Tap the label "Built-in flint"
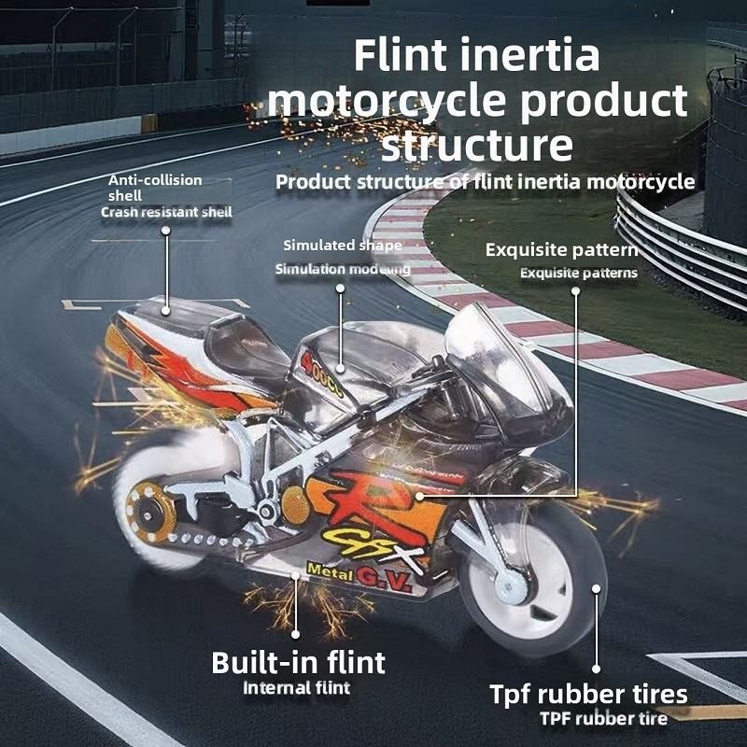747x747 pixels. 298,663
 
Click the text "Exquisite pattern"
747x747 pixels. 561,250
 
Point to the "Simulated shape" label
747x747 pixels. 343,246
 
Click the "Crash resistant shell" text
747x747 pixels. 166,212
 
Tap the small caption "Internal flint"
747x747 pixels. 296,689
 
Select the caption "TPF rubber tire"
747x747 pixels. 602,718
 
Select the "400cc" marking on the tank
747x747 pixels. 326,370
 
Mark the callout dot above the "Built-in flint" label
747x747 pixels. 297,576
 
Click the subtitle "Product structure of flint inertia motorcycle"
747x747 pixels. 485,181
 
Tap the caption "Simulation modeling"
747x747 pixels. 342,269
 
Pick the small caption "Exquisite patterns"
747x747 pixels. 578,273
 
